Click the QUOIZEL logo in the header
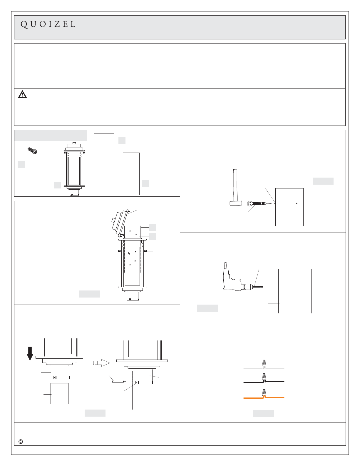[48, 24]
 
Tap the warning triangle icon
[22, 94]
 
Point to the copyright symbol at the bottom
[21, 442]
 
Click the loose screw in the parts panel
[32, 151]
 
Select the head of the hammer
[236, 203]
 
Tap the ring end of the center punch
[250, 203]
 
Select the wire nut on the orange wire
[264, 393]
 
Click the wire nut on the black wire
[264, 377]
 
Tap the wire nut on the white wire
[264, 363]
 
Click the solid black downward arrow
[30, 354]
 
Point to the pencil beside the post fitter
[119, 382]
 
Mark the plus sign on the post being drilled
[303, 287]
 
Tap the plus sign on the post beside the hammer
[296, 203]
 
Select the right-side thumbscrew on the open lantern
[145, 251]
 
